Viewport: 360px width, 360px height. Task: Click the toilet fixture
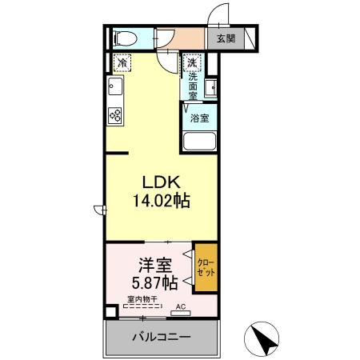coord(125,39)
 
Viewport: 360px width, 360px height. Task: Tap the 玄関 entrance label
coord(226,39)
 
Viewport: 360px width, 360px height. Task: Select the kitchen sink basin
coord(115,86)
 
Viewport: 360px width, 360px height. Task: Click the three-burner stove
coord(115,116)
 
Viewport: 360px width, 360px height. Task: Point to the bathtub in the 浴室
coord(199,141)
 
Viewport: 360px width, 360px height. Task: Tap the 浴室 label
coord(199,118)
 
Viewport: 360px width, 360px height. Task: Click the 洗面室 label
coord(193,86)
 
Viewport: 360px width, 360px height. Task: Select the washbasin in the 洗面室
coord(210,88)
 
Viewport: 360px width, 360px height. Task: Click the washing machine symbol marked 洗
coord(192,63)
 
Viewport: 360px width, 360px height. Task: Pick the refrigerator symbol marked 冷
coord(122,63)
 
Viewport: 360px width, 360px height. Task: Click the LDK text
coord(162,182)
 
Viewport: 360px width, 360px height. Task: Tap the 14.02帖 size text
coord(162,201)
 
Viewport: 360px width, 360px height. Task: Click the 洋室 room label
coord(155,266)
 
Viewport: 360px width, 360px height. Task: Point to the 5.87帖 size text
coord(155,283)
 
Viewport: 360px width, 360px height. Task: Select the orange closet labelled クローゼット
coord(206,267)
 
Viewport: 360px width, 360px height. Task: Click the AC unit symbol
coord(181,313)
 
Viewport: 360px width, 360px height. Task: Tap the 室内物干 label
coord(142,299)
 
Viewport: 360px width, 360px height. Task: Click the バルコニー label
coord(162,337)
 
